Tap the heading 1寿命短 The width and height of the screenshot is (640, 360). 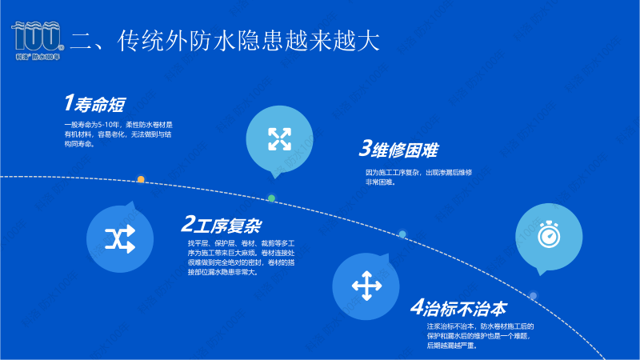pyautogui.click(x=94, y=103)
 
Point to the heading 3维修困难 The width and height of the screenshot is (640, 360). pyautogui.click(x=398, y=150)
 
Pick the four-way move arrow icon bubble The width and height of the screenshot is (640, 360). pyautogui.click(x=365, y=285)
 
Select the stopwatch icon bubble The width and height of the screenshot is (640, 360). pyautogui.click(x=547, y=236)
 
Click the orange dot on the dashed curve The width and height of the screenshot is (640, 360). pyautogui.click(x=141, y=179)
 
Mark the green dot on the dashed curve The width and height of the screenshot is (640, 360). pyautogui.click(x=271, y=198)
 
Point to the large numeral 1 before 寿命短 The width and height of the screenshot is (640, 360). pyautogui.click(x=70, y=103)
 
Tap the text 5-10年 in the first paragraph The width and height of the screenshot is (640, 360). pyautogui.click(x=109, y=125)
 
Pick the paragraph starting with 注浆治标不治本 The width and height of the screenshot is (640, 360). pyautogui.click(x=480, y=336)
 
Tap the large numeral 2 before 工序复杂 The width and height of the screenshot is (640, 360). pyautogui.click(x=189, y=223)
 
